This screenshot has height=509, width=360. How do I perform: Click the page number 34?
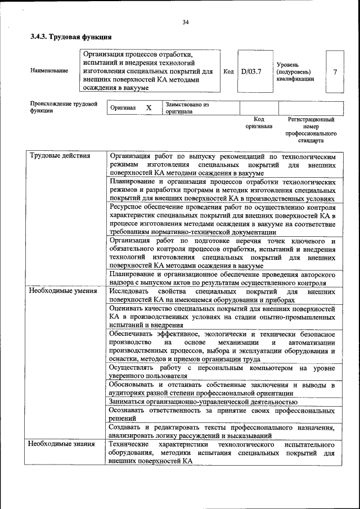[x=185, y=22]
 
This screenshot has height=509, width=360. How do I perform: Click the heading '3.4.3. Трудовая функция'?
[x=70, y=37]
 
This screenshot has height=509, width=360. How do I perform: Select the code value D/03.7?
[x=251, y=71]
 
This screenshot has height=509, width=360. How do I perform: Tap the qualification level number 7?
[x=335, y=72]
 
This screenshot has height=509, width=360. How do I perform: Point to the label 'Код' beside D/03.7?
[x=228, y=71]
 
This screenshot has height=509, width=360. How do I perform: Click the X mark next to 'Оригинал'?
[x=148, y=107]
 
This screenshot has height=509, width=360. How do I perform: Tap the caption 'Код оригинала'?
[x=259, y=123]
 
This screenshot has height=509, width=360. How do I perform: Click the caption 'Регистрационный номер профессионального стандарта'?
[x=311, y=130]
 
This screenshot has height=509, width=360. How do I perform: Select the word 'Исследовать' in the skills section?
[x=129, y=292]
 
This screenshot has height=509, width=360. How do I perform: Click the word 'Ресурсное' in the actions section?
[x=128, y=207]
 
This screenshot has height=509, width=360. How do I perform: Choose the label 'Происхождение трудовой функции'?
[x=64, y=107]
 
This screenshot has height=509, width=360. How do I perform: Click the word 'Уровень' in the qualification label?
[x=287, y=65]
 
